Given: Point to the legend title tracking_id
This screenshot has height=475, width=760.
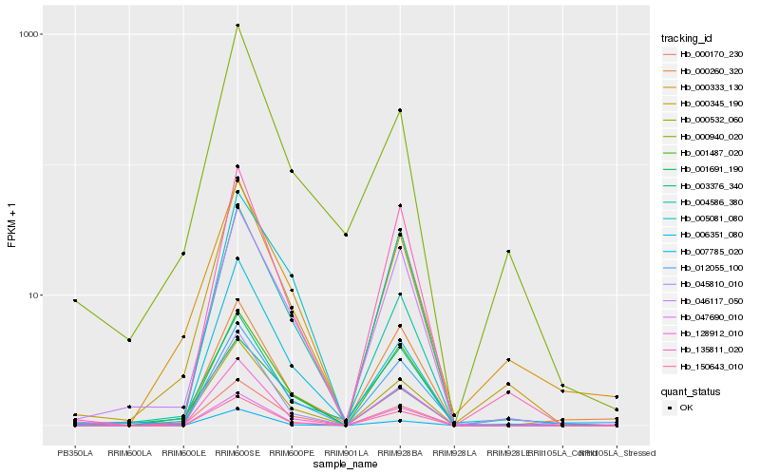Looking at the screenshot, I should (x=686, y=38).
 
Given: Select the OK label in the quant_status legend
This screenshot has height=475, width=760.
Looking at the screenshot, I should (x=686, y=408).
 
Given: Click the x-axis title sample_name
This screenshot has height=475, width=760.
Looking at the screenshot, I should (x=346, y=465).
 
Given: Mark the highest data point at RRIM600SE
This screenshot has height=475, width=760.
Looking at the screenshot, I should (x=237, y=26).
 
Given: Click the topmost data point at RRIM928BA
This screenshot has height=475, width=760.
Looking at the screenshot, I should (x=400, y=110).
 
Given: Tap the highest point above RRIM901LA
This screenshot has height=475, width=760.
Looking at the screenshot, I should (x=346, y=235).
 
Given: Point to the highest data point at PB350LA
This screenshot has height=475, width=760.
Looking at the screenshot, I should (x=75, y=300).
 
